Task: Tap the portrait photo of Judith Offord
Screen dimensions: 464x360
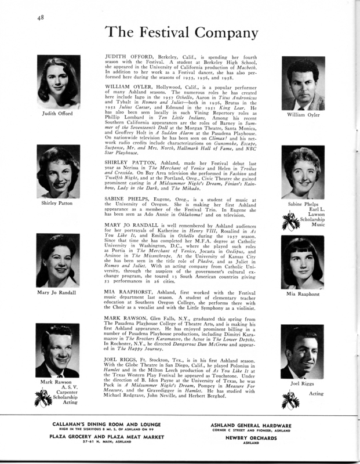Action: tap(57, 79)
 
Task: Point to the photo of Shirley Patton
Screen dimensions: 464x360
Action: tap(57, 171)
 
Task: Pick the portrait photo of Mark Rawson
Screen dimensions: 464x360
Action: tap(57, 351)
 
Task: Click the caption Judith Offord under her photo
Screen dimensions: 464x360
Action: tap(57, 113)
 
